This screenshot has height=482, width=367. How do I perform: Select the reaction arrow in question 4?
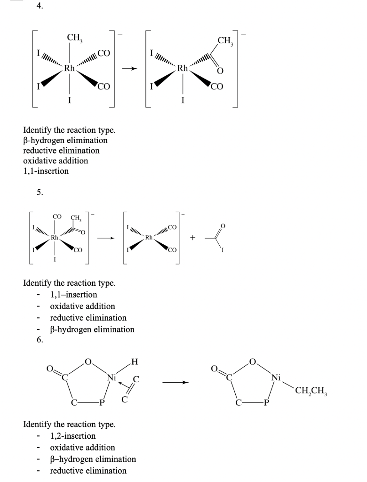pyautogui.click(x=130, y=69)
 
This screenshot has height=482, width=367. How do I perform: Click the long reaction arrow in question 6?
pyautogui.click(x=175, y=383)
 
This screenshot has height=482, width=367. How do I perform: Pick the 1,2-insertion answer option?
pyautogui.click(x=73, y=436)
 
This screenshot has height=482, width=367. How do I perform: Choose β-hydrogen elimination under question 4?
pyautogui.click(x=65, y=140)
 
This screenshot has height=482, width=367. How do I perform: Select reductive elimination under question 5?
pyautogui.click(x=88, y=318)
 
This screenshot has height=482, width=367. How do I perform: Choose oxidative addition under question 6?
pyautogui.click(x=82, y=447)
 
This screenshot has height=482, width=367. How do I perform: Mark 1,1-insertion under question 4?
pyautogui.click(x=46, y=171)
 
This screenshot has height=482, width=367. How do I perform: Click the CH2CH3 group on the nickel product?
pyautogui.click(x=310, y=390)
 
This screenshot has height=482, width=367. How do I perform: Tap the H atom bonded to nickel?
pyautogui.click(x=135, y=362)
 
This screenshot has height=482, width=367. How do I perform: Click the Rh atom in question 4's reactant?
pyautogui.click(x=70, y=69)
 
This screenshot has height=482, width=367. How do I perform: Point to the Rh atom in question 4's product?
pyautogui.click(x=183, y=69)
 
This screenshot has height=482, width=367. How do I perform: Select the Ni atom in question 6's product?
pyautogui.click(x=276, y=377)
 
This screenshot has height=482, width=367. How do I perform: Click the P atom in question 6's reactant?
pyautogui.click(x=100, y=403)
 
